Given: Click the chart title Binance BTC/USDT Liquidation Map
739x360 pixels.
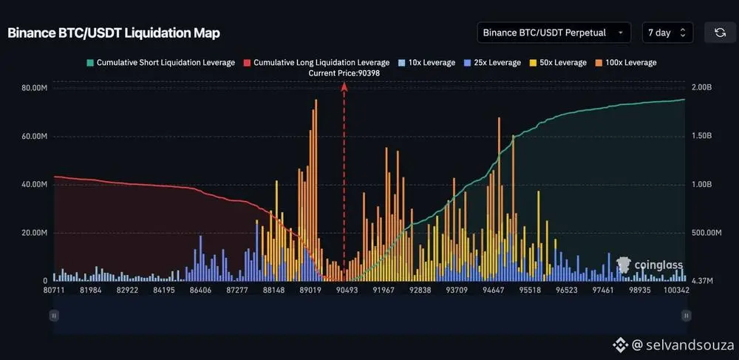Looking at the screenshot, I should point(114,33).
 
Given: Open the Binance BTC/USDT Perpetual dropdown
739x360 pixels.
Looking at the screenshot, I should point(554,33).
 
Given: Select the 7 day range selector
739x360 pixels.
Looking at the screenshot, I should point(667,33).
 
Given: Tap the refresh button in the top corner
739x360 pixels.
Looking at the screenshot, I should point(720,33).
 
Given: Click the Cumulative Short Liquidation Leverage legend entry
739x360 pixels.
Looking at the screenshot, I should point(160,63).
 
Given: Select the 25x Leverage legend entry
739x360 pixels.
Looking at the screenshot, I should point(492,63).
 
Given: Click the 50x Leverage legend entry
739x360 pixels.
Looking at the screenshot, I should point(559,63).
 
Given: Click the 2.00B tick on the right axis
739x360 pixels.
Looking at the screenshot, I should point(701,88).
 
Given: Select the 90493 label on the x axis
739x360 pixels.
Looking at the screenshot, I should point(347,291).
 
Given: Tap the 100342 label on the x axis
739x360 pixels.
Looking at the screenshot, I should point(675,291).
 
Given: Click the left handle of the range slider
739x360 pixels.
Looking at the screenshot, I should point(53,316).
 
